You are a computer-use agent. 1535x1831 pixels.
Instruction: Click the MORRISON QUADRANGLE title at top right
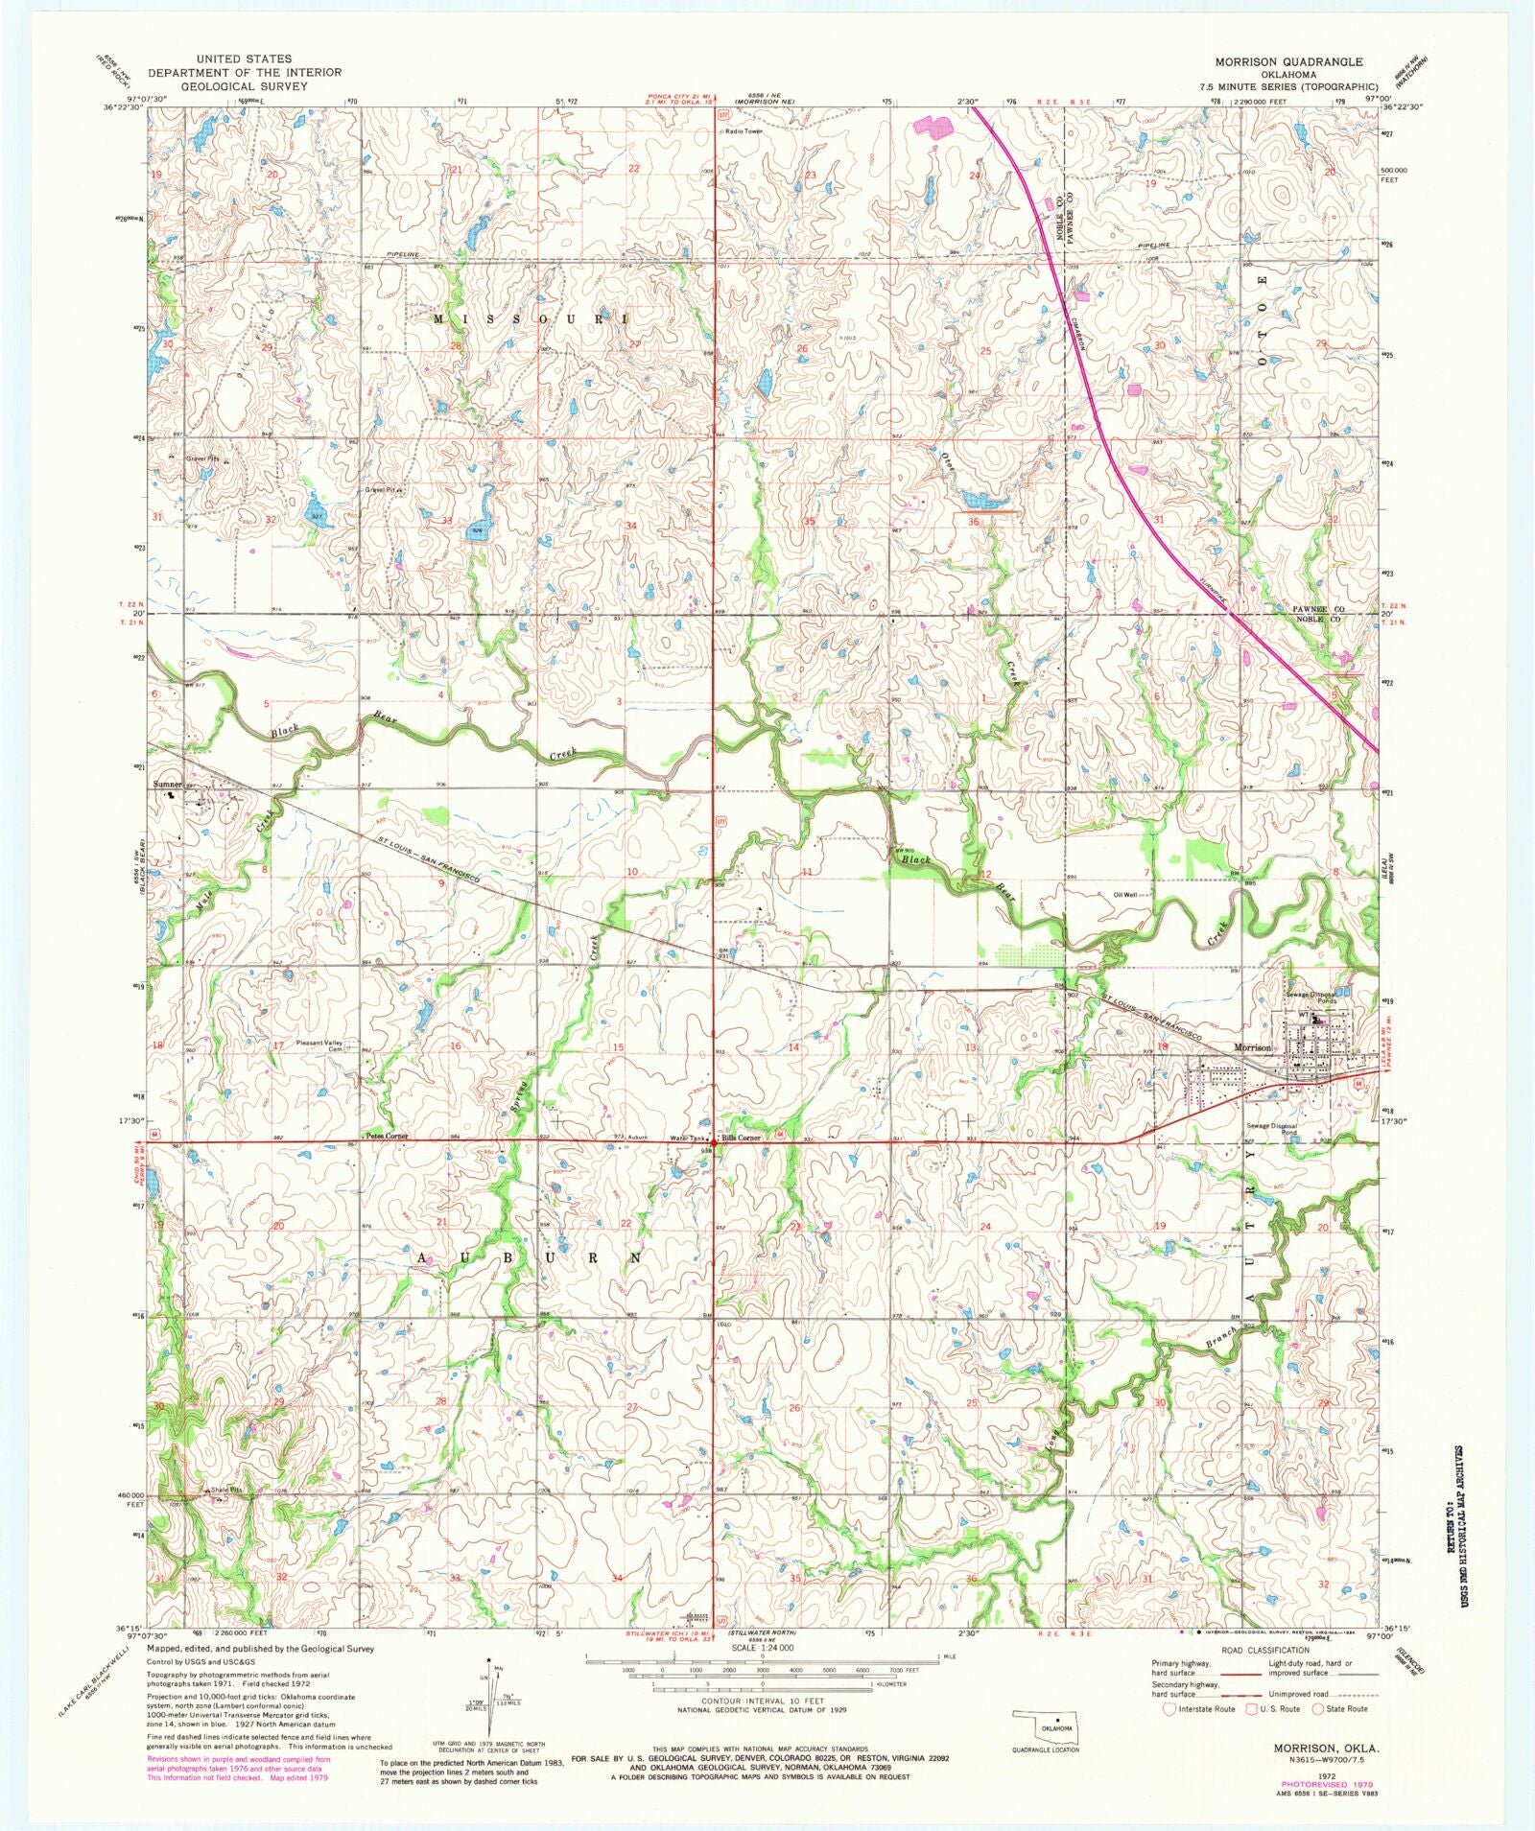click(1287, 61)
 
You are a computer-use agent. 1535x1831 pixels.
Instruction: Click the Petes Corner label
click(386, 1136)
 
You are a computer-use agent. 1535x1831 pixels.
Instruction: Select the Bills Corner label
click(742, 1138)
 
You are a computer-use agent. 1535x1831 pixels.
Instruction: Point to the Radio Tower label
click(744, 130)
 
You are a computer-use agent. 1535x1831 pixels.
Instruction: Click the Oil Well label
click(1124, 895)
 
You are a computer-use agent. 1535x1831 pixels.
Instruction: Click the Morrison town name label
click(1252, 1047)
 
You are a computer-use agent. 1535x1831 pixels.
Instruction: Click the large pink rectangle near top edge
click(932, 126)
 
